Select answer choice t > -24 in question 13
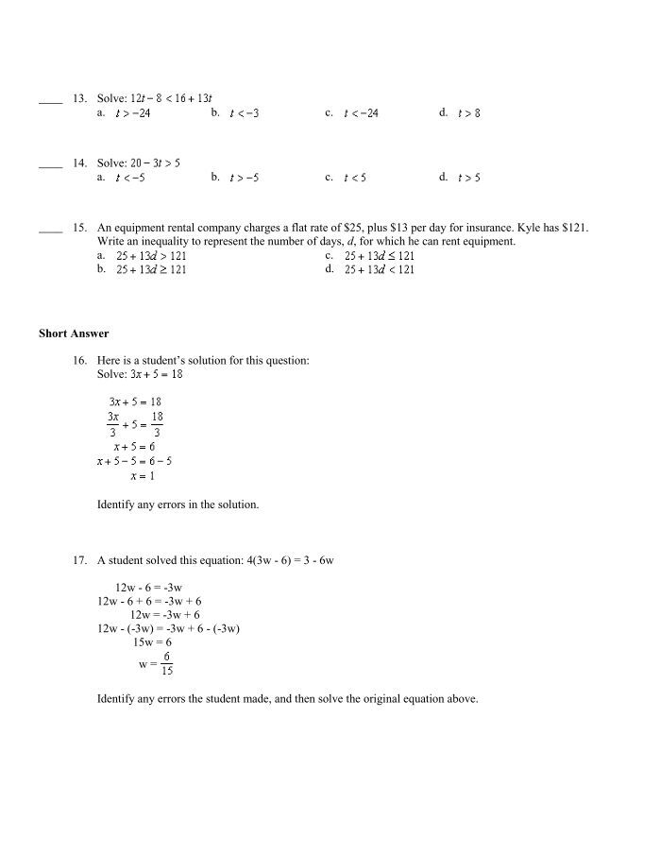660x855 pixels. click(132, 113)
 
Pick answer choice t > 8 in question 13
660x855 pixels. click(468, 113)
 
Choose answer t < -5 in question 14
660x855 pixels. click(130, 178)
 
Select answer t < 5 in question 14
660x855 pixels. click(355, 178)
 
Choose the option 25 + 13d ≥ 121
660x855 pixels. click(151, 270)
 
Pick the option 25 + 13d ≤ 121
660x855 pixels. click(380, 256)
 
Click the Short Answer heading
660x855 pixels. click(74, 333)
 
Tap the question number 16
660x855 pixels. click(79, 361)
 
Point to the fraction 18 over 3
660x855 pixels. click(157, 424)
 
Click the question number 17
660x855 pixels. click(79, 560)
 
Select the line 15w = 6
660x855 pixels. click(152, 642)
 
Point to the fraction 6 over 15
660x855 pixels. click(166, 663)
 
